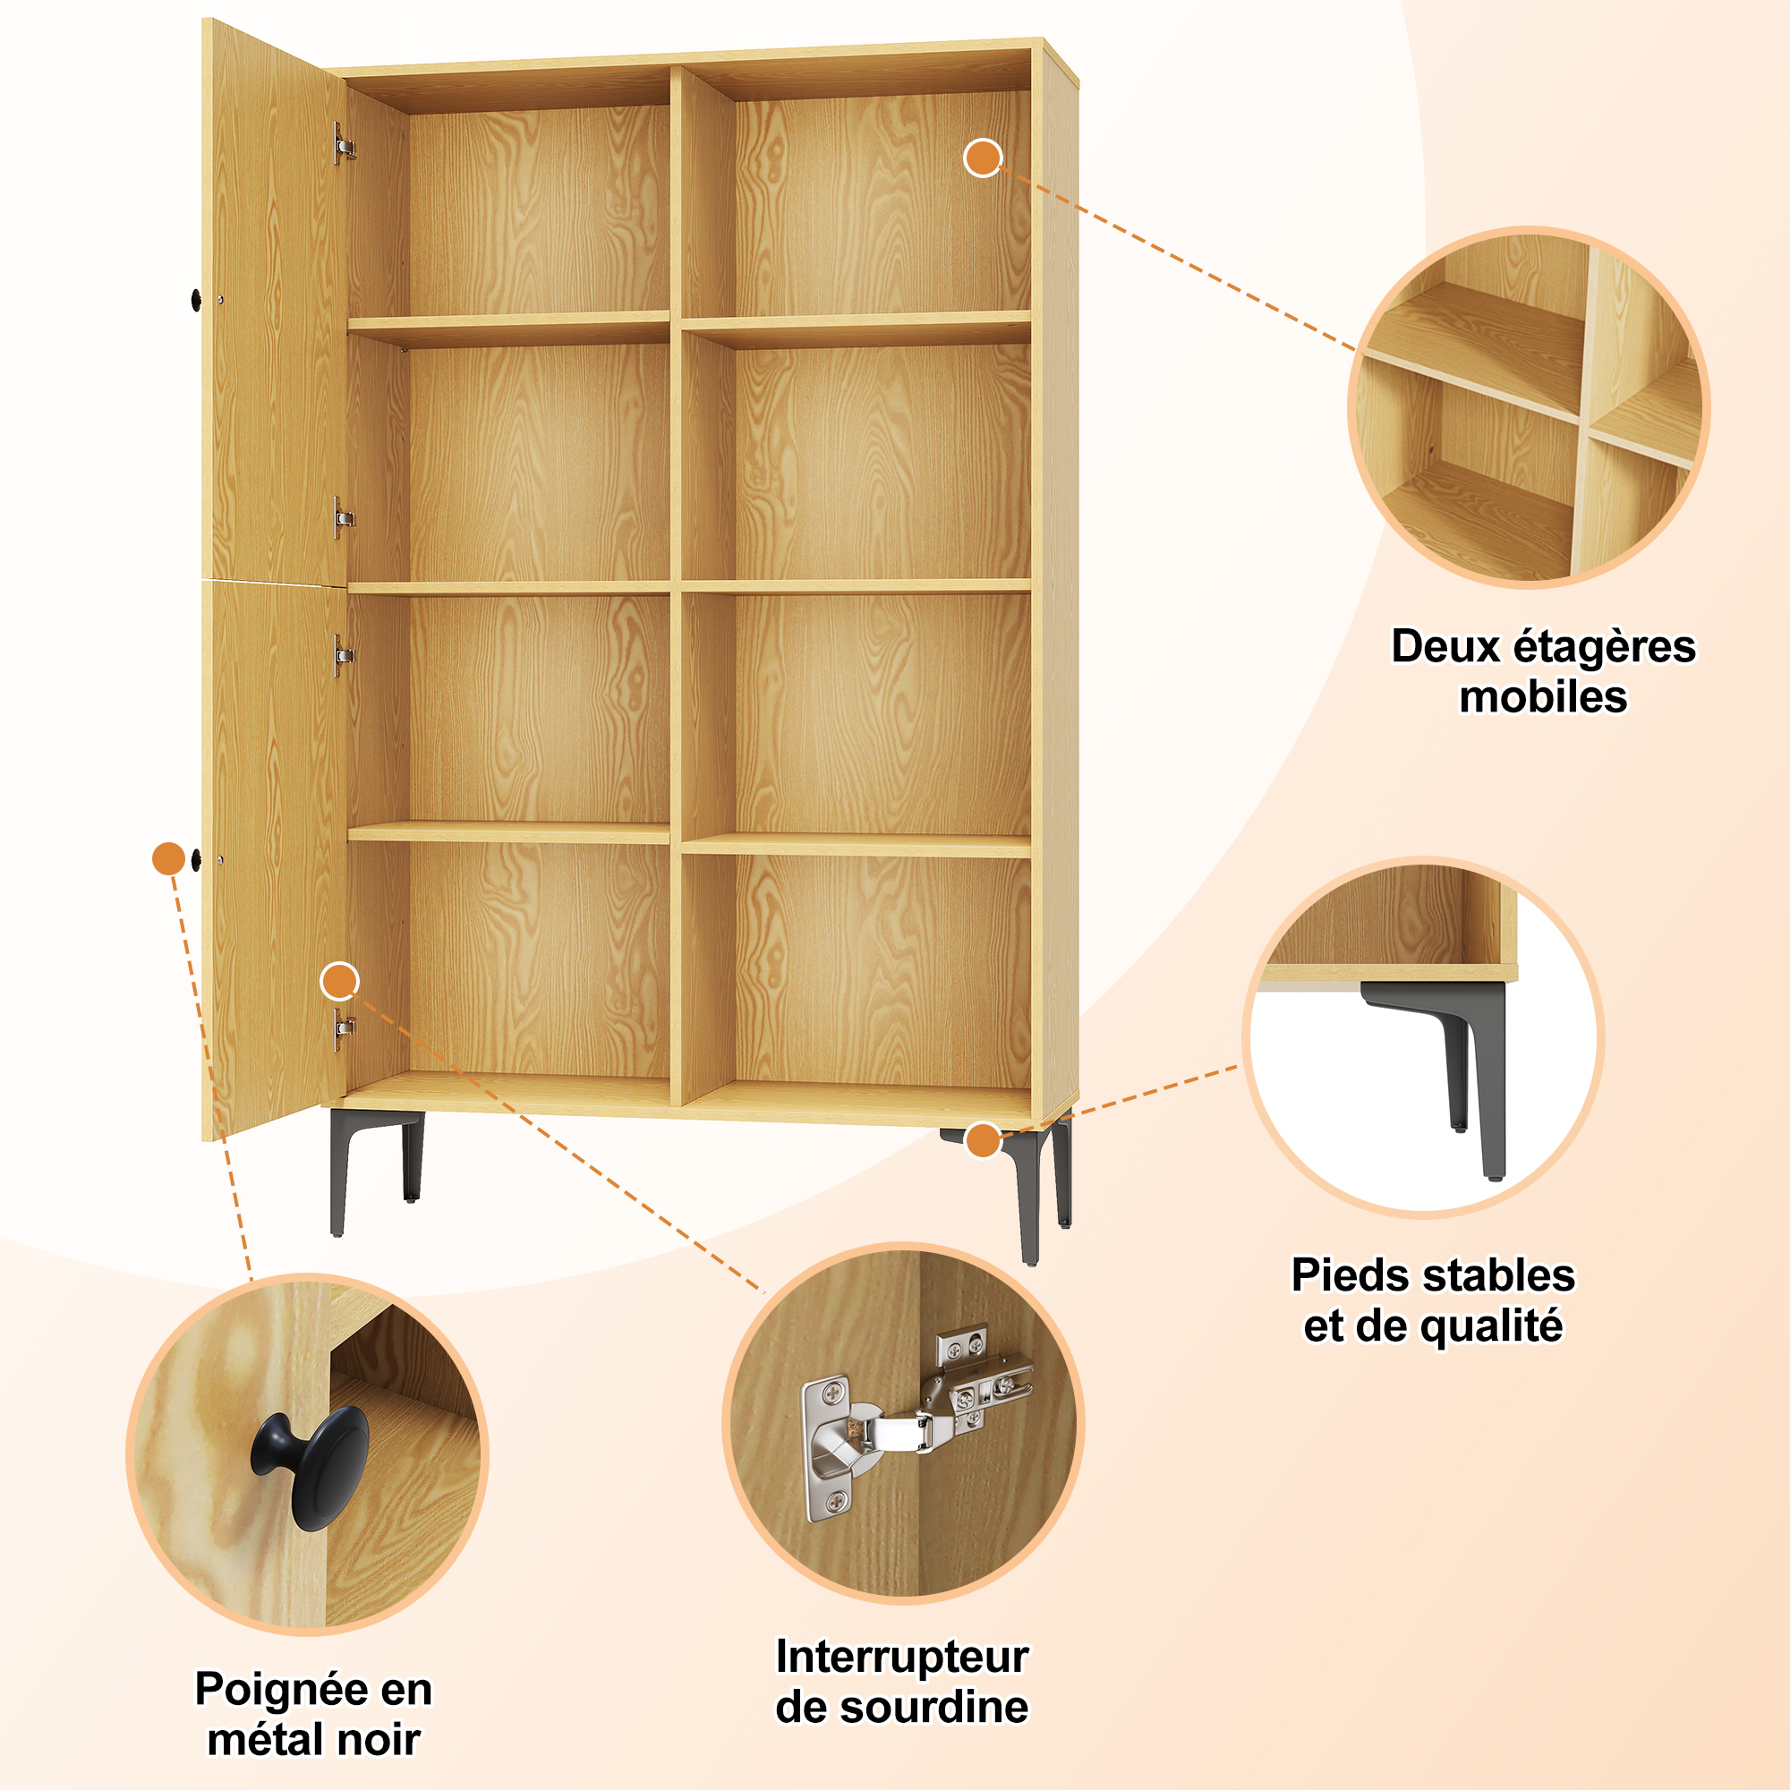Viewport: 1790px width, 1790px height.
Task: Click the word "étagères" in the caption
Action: point(1591,648)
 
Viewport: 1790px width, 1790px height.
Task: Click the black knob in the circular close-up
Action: point(311,1468)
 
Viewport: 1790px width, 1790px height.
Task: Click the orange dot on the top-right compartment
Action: point(983,158)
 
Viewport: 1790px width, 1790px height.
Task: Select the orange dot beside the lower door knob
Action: point(168,859)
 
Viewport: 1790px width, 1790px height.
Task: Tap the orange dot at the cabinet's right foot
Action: point(983,1139)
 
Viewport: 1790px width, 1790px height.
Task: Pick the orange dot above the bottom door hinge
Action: point(340,981)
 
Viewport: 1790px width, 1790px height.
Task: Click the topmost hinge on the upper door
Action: point(344,144)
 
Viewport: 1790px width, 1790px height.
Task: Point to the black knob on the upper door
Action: point(196,299)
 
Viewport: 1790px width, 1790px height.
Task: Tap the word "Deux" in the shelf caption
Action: point(1433,647)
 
